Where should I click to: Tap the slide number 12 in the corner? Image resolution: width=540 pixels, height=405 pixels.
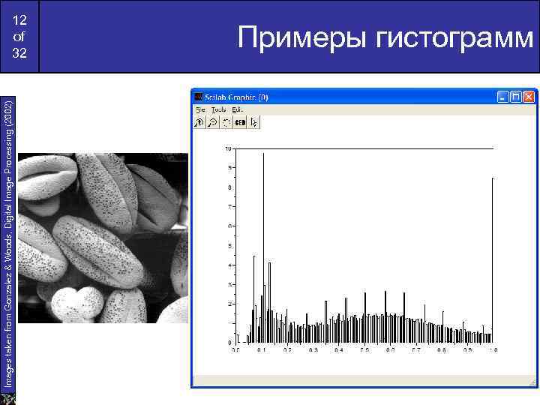click(x=19, y=20)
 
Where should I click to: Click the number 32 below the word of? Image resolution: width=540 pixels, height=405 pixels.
click(x=19, y=53)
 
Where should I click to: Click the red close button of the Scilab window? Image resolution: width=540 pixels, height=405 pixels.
click(x=529, y=97)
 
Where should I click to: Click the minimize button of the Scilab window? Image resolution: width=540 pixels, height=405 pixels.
click(x=502, y=97)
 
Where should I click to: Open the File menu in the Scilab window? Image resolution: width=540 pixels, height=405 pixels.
click(x=199, y=109)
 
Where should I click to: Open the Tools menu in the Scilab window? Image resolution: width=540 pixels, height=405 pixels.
click(x=218, y=109)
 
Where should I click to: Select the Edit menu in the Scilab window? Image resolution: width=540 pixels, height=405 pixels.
click(x=237, y=109)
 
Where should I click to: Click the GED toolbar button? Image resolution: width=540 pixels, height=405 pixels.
click(x=240, y=122)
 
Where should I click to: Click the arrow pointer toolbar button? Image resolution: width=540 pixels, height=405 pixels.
click(x=254, y=122)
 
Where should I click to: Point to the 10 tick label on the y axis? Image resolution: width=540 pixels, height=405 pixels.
click(x=228, y=148)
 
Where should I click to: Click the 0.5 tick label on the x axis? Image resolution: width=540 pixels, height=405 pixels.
click(x=364, y=350)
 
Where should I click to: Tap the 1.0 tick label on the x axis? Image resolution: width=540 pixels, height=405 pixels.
click(x=493, y=350)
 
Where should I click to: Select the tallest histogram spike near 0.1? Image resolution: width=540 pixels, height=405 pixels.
click(x=263, y=225)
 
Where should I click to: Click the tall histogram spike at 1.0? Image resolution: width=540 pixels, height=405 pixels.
click(x=492, y=255)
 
